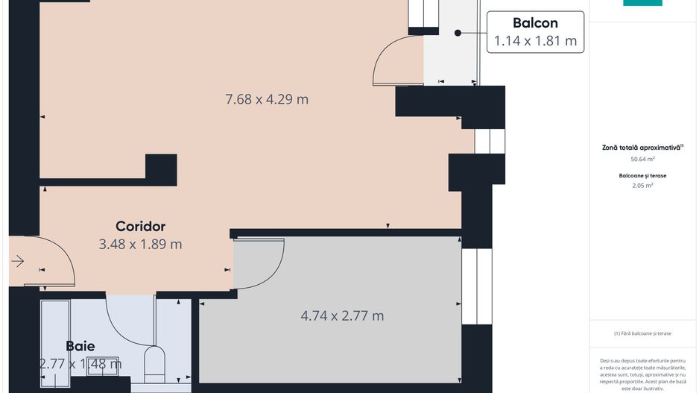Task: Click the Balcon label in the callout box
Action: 535,23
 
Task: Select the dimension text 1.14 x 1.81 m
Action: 535,41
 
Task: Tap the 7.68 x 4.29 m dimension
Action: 267,99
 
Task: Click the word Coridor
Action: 140,226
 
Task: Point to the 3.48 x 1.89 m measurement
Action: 140,244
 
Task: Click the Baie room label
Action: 80,346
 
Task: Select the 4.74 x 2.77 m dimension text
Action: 342,315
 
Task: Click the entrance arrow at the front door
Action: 17,261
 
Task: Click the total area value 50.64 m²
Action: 642,159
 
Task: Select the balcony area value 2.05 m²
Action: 642,186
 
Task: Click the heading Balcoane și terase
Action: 642,176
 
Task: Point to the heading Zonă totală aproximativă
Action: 642,148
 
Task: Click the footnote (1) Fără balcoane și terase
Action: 642,333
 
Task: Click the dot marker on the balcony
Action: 458,33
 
